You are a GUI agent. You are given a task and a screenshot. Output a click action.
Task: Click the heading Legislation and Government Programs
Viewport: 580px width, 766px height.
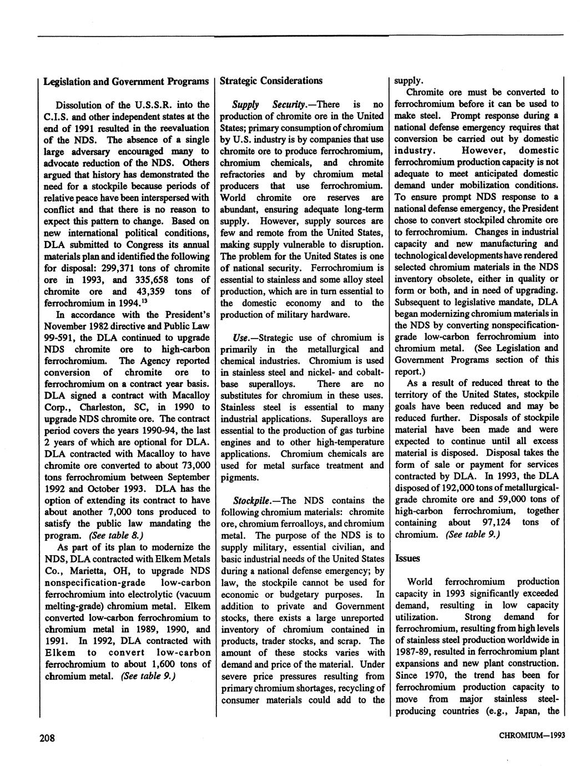127,81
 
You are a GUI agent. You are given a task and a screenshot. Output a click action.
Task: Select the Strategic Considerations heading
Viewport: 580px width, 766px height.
271,80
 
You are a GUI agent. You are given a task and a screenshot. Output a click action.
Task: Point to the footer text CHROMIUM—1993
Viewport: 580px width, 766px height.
532,736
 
